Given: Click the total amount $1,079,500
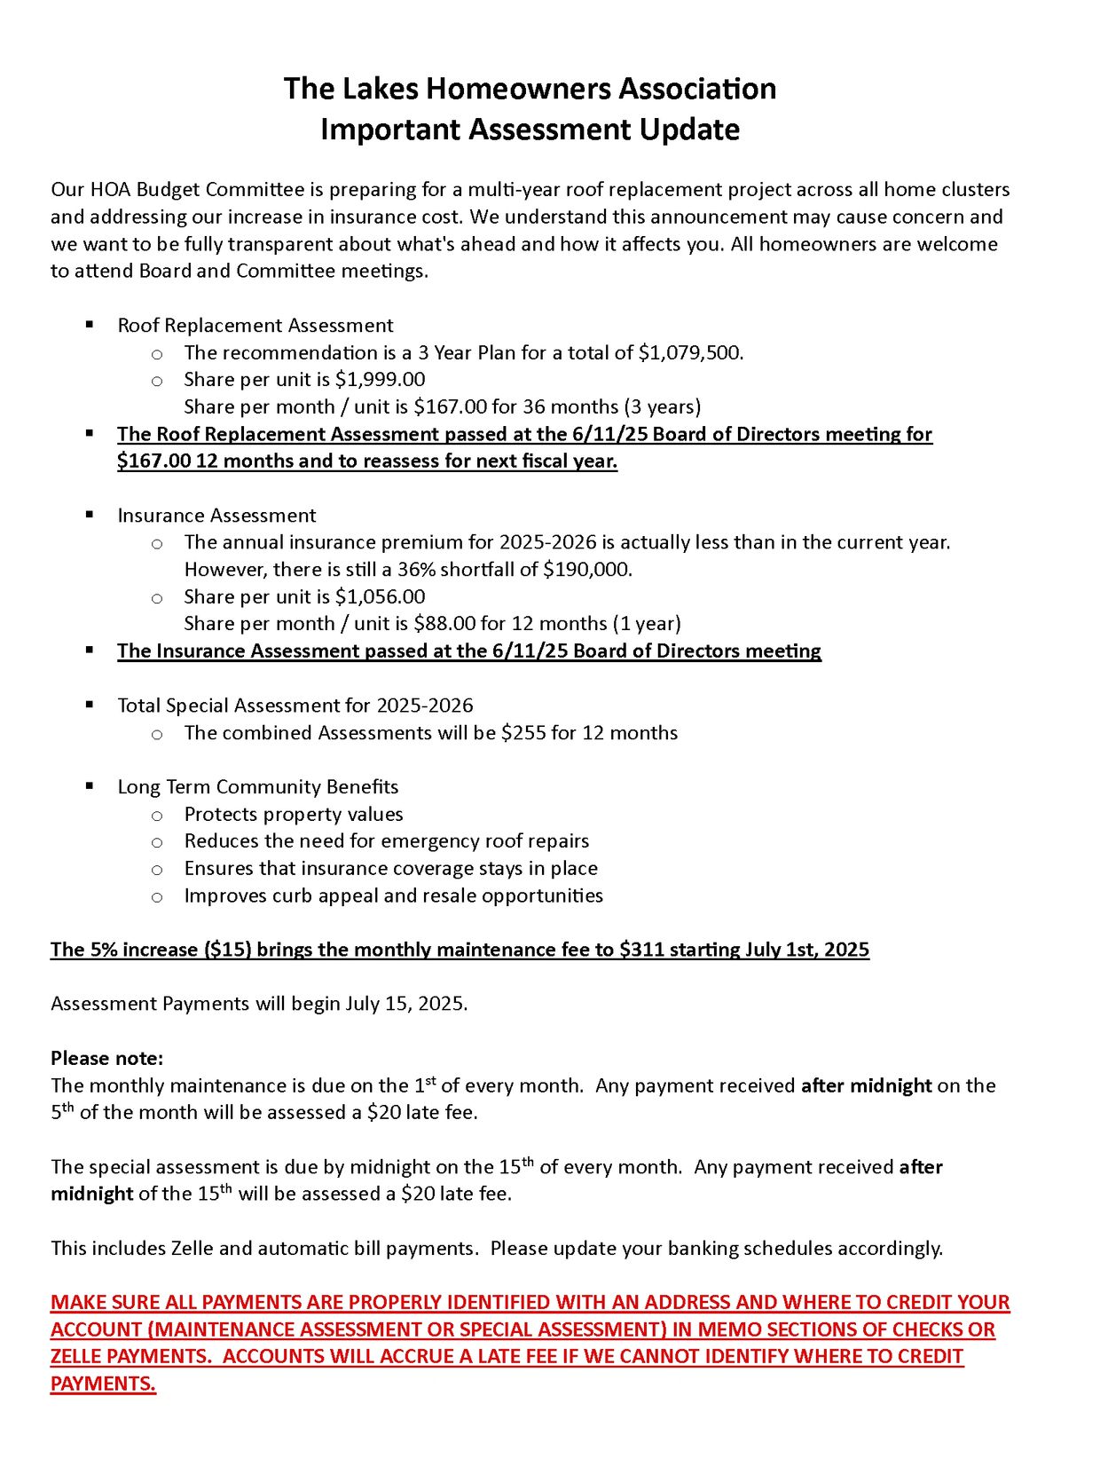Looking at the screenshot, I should pyautogui.click(x=690, y=353).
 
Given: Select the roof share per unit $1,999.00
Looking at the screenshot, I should pyautogui.click(x=380, y=380).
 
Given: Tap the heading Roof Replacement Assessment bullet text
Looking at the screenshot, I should pyautogui.click(x=255, y=326).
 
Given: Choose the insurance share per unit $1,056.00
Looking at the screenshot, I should pyautogui.click(x=380, y=597).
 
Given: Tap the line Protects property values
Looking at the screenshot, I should pyautogui.click(x=294, y=815).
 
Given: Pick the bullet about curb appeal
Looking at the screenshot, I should pyautogui.click(x=393, y=896).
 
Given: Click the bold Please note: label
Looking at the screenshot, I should pyautogui.click(x=106, y=1059).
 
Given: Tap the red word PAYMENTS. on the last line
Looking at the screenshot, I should pyautogui.click(x=103, y=1384).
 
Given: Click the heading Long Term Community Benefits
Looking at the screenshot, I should pyautogui.click(x=258, y=787).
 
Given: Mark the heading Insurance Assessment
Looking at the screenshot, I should pyautogui.click(x=216, y=516).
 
